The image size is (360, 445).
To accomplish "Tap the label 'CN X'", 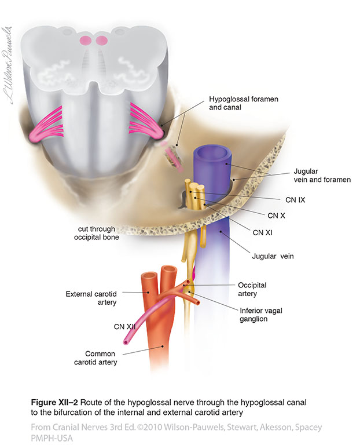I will point(276,215).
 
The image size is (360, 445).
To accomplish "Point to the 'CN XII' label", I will point(124,327).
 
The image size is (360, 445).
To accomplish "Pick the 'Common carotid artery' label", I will point(99,359).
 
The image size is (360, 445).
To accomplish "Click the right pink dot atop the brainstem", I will point(102,41).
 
